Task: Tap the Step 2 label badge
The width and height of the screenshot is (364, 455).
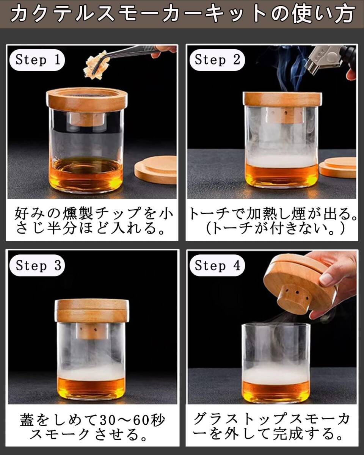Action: (x=217, y=60)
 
